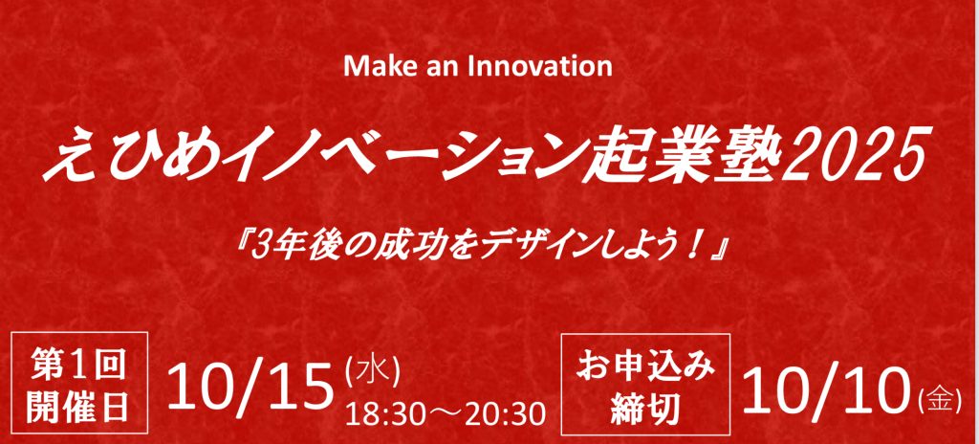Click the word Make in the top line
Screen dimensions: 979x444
(x=374, y=66)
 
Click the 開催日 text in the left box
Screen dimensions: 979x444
(x=79, y=407)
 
